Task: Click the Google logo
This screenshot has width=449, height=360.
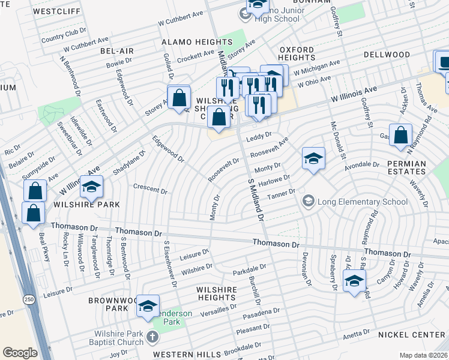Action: [x=20, y=353]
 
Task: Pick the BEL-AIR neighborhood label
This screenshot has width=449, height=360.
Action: [x=116, y=52]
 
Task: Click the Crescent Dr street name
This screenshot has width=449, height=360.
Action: [x=150, y=190]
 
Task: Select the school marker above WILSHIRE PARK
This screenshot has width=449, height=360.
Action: [x=92, y=187]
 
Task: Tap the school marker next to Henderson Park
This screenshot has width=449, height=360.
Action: [x=148, y=306]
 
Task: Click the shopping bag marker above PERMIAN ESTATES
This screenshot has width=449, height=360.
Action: [x=400, y=136]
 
